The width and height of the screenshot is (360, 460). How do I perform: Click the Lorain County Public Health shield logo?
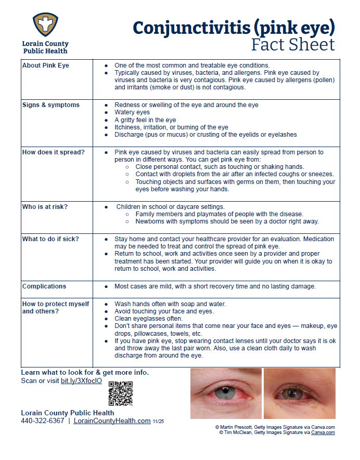45,24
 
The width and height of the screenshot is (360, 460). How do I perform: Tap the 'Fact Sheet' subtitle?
293,45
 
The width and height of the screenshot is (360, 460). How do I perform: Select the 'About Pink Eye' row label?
46,65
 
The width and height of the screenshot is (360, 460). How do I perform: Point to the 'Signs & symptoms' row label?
51,105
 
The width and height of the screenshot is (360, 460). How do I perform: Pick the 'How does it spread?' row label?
54,152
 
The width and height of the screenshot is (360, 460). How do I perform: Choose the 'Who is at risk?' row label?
45,206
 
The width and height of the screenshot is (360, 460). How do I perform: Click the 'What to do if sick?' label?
50,239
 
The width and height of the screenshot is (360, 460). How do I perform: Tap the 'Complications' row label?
44,286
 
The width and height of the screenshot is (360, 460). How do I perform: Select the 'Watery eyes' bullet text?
132,112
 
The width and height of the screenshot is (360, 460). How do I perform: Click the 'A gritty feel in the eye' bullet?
145,120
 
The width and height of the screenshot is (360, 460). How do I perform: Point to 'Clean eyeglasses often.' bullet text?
148,319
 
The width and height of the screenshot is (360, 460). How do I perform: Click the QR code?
121,393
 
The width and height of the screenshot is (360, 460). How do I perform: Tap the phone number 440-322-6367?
43,420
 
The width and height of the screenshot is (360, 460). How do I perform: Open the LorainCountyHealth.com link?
112,420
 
